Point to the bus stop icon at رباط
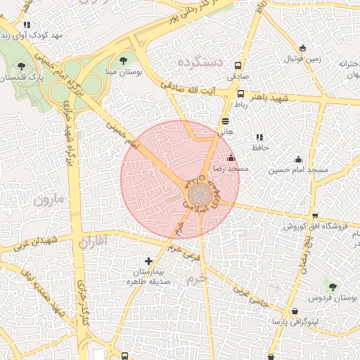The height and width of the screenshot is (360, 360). coord(241,94)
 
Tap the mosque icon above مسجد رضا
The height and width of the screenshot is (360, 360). coord(231,157)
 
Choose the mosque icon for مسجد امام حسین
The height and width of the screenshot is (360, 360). coord(298,159)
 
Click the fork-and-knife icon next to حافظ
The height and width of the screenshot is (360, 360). coord(259,137)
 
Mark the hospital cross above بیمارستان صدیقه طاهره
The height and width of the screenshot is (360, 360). coord(148,261)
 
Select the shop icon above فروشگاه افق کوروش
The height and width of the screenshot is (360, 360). coord(315,216)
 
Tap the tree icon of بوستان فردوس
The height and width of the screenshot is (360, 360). coord(333,286)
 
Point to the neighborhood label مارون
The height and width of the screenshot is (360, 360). coord(49,200)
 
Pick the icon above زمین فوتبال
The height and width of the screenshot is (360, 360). coord(303,48)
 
